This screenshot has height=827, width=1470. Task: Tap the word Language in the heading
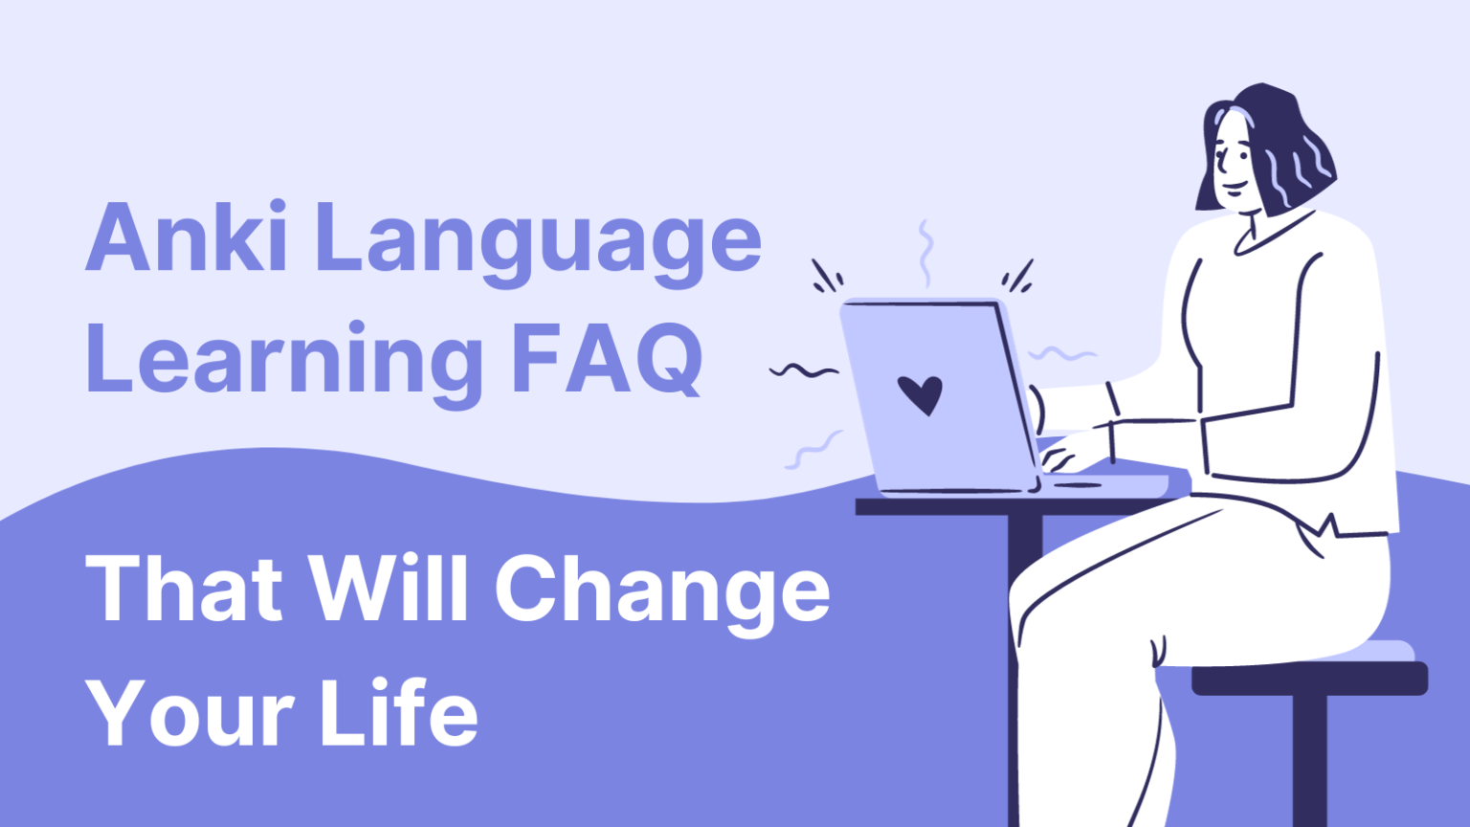pos(537,243)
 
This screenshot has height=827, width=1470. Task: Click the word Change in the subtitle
pos(661,593)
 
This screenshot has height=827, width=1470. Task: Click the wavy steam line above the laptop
pos(924,254)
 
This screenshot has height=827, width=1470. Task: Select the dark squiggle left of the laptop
pos(804,371)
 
